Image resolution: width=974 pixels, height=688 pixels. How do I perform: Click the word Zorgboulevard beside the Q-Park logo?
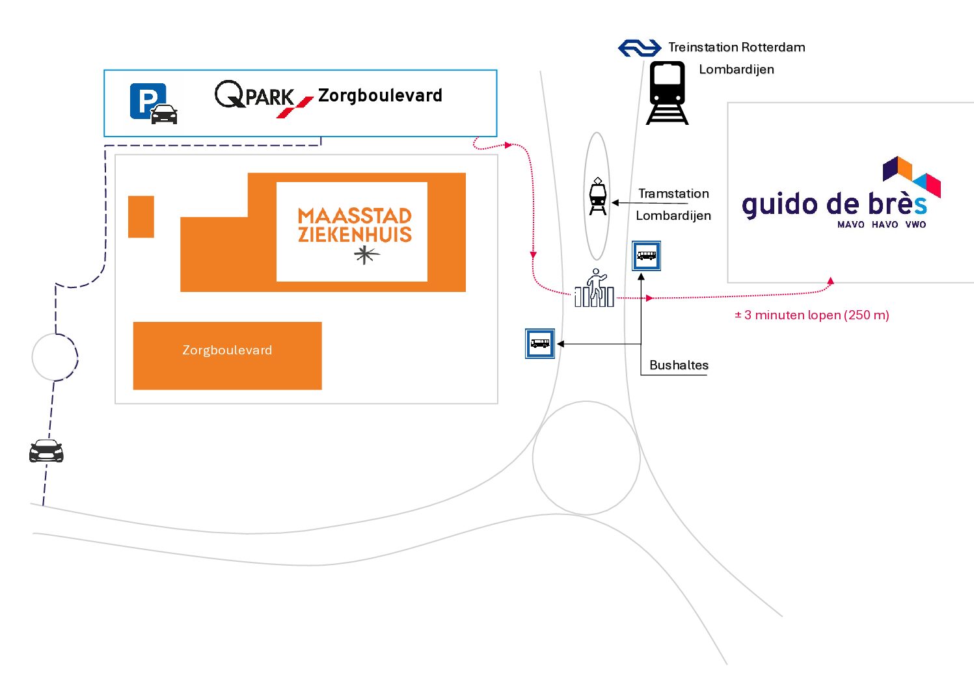(380, 95)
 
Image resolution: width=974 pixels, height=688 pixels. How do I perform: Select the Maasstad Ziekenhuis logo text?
(355, 225)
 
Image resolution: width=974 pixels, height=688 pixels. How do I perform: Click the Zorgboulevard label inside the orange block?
(228, 351)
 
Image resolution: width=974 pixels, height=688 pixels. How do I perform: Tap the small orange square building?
(141, 217)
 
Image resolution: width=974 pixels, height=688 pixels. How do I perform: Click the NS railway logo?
(640, 48)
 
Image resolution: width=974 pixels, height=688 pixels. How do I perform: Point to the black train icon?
(667, 92)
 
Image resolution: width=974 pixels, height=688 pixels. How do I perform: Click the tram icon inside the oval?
(598, 196)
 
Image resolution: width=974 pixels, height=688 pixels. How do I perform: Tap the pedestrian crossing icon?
(595, 287)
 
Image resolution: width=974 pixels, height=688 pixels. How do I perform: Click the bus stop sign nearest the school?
(646, 256)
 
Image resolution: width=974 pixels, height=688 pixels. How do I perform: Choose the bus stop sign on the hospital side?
(540, 343)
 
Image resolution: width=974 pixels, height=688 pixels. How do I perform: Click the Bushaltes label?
(679, 365)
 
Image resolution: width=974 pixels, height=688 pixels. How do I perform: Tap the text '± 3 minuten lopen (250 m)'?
(812, 315)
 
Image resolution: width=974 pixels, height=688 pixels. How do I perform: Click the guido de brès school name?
(834, 205)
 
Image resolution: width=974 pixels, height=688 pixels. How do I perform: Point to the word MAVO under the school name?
(851, 224)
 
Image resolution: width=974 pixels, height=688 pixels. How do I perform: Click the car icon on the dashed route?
(46, 451)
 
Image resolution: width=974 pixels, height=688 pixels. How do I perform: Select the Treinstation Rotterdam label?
(737, 47)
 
